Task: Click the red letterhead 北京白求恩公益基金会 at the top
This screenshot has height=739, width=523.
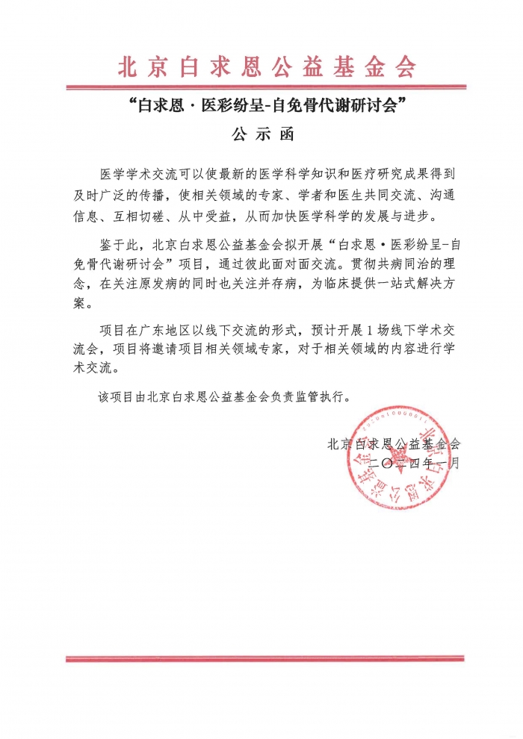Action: coord(267,66)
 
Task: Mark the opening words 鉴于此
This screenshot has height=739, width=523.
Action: coord(119,244)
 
